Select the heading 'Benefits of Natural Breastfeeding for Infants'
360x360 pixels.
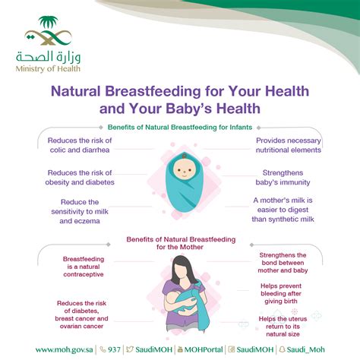179,128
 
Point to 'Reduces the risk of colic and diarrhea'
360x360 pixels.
79,145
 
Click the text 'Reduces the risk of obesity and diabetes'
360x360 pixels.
79,177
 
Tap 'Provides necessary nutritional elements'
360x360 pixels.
288,145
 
